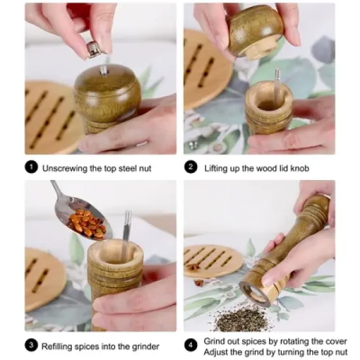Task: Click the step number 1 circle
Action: pyautogui.click(x=31, y=168)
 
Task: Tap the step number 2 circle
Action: pyautogui.click(x=191, y=168)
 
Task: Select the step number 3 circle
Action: pyautogui.click(x=31, y=345)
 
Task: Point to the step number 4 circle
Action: pyautogui.click(x=191, y=345)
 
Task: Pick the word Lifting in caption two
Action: pyautogui.click(x=217, y=168)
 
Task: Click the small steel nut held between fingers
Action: pyautogui.click(x=94, y=49)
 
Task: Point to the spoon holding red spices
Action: pyautogui.click(x=82, y=220)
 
